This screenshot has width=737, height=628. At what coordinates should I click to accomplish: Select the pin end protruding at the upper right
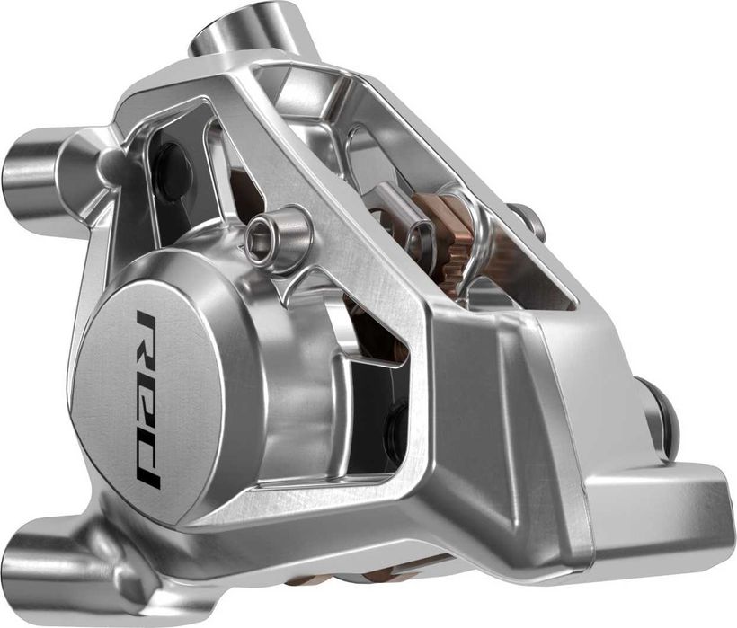[x=529, y=219]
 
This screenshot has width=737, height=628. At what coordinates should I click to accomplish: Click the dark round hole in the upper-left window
[x=172, y=170]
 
